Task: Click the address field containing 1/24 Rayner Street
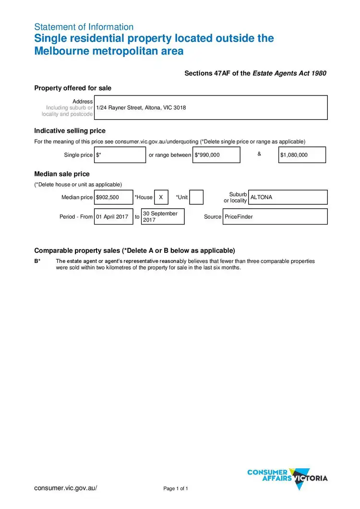211,107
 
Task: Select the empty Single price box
120,155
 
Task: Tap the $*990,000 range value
216,155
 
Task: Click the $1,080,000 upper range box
302,155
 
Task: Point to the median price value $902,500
113,197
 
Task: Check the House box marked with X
161,197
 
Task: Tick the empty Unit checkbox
196,197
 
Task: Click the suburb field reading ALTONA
288,197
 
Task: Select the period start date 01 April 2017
113,217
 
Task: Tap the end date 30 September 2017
163,217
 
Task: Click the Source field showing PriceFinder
275,217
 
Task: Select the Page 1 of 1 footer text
176,489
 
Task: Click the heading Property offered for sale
73,88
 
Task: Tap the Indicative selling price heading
70,130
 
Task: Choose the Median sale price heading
62,174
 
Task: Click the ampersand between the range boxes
259,154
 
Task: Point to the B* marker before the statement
37,261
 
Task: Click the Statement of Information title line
84,27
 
